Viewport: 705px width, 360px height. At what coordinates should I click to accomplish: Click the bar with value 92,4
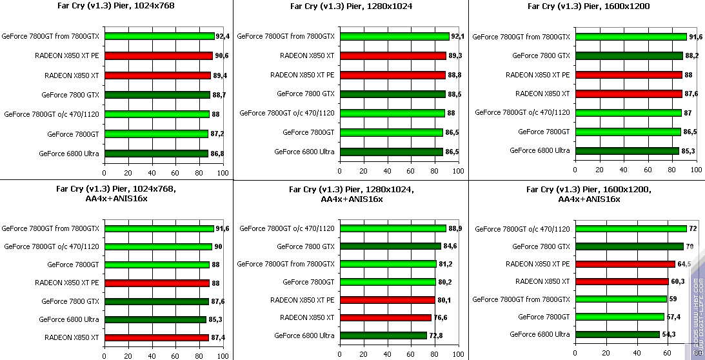159,36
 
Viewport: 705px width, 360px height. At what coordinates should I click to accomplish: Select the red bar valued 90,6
158,55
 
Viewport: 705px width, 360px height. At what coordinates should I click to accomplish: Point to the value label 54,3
671,334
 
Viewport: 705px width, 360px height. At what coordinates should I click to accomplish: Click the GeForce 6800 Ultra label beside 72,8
304,335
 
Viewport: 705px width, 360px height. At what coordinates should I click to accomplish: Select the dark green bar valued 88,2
629,55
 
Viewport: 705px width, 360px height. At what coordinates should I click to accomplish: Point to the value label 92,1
458,36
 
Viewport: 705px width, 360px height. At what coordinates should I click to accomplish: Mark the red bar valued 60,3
621,281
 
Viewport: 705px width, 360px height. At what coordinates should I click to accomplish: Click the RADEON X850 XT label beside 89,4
72,75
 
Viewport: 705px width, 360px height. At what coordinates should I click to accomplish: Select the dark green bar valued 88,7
157,95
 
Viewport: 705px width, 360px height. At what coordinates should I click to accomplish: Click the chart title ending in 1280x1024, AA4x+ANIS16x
352,194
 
